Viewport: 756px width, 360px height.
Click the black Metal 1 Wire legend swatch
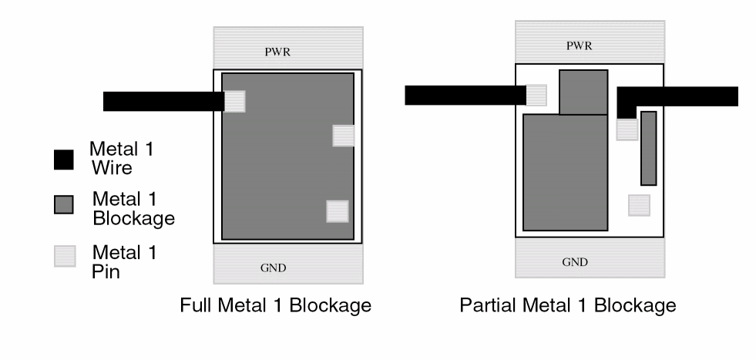(x=64, y=160)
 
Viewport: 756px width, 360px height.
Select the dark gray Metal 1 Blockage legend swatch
(x=64, y=204)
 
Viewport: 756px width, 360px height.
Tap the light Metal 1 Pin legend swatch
(x=64, y=256)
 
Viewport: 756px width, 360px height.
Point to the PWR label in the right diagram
(x=580, y=45)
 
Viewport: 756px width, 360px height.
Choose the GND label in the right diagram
(x=575, y=262)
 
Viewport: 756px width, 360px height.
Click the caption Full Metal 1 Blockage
(x=275, y=305)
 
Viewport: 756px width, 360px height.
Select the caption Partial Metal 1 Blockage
(x=568, y=305)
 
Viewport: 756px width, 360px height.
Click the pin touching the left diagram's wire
(x=235, y=101)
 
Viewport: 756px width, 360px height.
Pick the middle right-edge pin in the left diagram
(x=343, y=136)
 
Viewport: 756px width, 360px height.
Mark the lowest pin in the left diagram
(x=338, y=211)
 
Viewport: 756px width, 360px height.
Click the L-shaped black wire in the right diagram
(x=678, y=96)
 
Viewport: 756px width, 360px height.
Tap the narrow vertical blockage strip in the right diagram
(x=648, y=148)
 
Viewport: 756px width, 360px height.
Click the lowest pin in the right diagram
(x=639, y=205)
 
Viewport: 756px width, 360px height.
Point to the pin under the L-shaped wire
(x=627, y=130)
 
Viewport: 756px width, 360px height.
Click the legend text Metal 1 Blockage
(x=133, y=207)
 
